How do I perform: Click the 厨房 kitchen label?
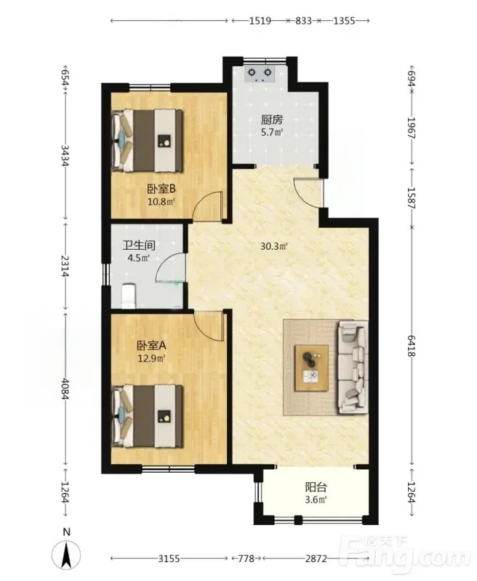272,120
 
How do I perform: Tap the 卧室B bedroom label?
161,189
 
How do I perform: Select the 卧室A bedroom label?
151,346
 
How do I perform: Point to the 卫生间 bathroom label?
139,245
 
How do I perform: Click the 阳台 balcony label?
316,487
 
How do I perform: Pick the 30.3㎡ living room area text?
274,246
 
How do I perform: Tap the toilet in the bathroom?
129,296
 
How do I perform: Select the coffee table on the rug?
311,367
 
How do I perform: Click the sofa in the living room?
353,367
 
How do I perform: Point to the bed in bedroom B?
148,140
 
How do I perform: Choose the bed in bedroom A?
148,415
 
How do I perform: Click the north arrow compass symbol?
66,556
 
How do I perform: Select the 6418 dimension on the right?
411,346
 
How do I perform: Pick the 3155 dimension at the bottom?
169,558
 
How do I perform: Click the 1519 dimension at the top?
260,21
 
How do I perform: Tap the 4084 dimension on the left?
65,389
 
